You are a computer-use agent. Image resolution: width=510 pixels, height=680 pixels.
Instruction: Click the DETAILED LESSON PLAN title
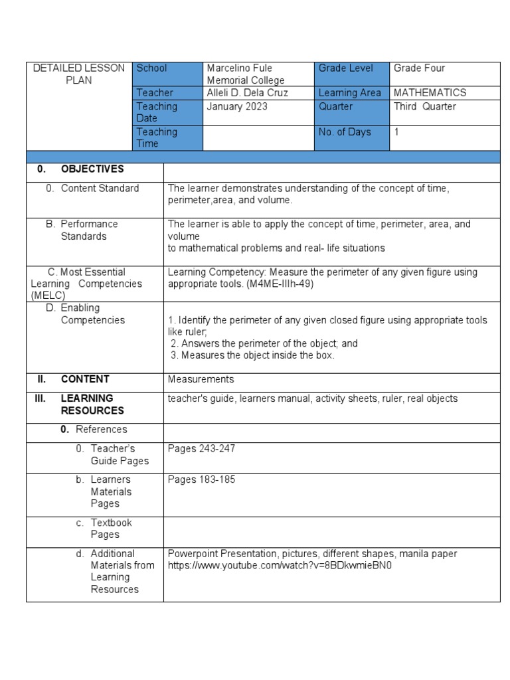[x=78, y=74]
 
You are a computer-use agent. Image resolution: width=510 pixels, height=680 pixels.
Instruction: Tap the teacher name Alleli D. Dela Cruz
[x=247, y=93]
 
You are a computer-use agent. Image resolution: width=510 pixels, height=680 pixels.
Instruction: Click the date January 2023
[x=237, y=106]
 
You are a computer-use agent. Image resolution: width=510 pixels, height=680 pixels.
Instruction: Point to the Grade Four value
[x=419, y=68]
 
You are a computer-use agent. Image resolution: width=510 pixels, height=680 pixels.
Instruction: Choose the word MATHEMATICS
[x=430, y=93]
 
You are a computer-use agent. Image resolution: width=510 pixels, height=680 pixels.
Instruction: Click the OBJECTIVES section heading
[x=92, y=169]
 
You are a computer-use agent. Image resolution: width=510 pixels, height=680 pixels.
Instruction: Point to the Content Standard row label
[x=100, y=189]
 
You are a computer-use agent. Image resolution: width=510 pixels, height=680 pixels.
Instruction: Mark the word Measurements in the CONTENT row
[x=201, y=379]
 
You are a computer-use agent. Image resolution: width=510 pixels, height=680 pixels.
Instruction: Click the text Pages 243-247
[x=201, y=449]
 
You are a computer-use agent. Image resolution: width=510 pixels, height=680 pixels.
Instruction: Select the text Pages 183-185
[x=201, y=479]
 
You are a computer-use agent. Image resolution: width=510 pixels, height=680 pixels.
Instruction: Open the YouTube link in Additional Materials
[x=280, y=566]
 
